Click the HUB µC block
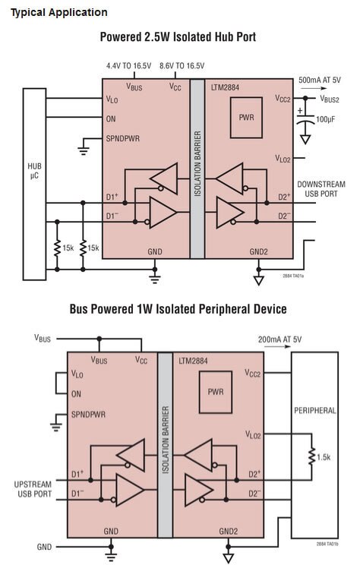[x=35, y=184]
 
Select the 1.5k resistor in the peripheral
[x=312, y=456]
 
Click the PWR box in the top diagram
[x=246, y=118]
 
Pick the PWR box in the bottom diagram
[x=216, y=392]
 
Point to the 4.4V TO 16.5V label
[x=128, y=66]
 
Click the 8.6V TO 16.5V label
[x=182, y=66]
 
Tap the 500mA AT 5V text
[x=320, y=80]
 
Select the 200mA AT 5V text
[x=279, y=339]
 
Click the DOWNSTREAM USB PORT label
[x=321, y=189]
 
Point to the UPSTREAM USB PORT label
[x=33, y=489]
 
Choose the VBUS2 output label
[x=330, y=99]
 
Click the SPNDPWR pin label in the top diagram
[x=123, y=138]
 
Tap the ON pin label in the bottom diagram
[x=76, y=394]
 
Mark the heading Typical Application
[x=59, y=13]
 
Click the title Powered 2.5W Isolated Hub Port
[x=178, y=36]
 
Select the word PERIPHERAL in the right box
[x=315, y=410]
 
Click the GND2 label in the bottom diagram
[x=229, y=531]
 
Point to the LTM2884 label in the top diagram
[x=225, y=87]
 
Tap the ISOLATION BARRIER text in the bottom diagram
[x=166, y=440]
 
